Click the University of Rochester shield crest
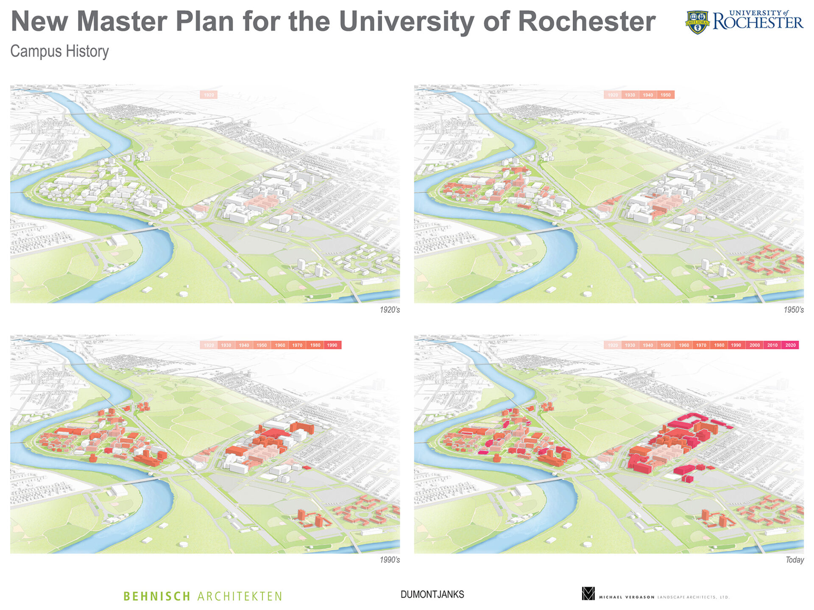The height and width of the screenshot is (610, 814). pos(697,22)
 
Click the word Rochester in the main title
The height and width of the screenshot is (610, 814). pos(587,21)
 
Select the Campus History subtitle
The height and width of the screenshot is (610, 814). pos(59,51)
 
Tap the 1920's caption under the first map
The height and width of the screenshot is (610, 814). pos(390,310)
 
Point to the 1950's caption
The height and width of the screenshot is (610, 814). pos(793,310)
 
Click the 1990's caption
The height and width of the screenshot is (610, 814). pos(390,560)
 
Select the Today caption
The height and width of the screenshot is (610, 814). pos(794,560)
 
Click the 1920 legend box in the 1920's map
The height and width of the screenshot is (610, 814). pos(209,95)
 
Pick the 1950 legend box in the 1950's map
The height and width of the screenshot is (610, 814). pos(666,95)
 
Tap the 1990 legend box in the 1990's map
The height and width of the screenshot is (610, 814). pos(332,345)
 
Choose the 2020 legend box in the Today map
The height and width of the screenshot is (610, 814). pos(790,345)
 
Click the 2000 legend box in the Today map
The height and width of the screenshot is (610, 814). pos(755,345)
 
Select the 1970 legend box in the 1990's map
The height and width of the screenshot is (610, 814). pos(297,345)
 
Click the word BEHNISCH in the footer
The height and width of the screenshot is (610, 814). pos(157,596)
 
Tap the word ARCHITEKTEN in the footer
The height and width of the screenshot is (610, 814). pos(240,596)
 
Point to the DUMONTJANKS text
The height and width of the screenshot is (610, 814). pos(432,595)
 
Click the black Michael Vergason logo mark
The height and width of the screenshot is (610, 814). pos(588,593)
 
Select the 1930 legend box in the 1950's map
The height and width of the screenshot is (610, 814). pos(630,95)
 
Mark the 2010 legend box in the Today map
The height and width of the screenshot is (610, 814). pos(772,345)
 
